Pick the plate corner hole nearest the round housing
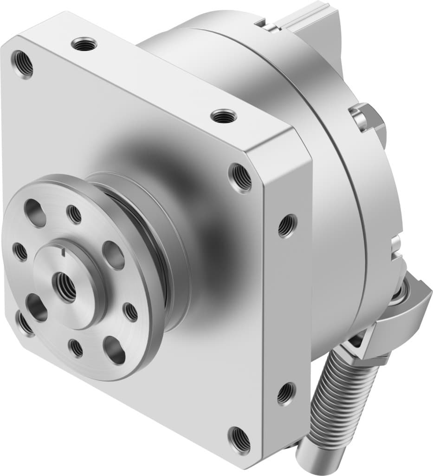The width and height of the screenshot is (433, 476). tap(240, 177)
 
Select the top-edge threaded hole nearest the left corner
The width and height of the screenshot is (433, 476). tap(84, 45)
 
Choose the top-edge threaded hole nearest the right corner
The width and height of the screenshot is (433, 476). tap(223, 116)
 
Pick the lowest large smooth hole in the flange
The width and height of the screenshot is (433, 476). tap(114, 350)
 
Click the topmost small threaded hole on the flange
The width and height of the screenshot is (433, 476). tap(74, 214)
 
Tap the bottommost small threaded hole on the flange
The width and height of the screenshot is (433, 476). tap(75, 348)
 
